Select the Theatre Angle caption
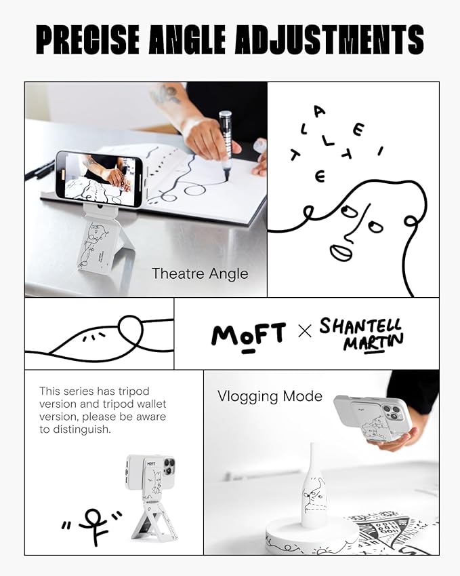click(x=199, y=274)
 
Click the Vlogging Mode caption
click(x=270, y=396)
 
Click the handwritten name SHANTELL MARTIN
click(x=360, y=333)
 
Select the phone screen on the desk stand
click(x=98, y=178)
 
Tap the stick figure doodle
click(x=91, y=526)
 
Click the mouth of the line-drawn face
click(x=341, y=252)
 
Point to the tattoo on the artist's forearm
click(x=166, y=95)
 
